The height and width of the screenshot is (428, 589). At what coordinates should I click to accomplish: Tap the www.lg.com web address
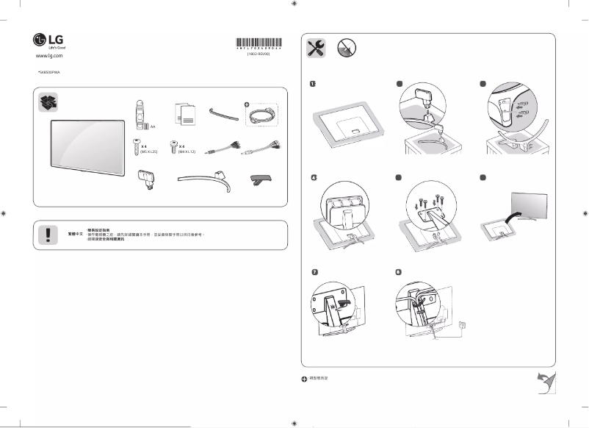48,55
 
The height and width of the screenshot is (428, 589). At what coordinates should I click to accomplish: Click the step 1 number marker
313,85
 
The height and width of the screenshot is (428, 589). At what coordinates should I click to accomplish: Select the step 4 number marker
313,178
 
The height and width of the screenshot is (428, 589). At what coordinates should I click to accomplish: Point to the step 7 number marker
314,272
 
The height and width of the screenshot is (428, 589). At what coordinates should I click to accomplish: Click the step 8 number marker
397,272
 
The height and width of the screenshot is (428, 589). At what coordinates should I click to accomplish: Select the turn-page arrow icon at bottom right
545,382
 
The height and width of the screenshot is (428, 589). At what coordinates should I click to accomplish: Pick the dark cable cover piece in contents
262,179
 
